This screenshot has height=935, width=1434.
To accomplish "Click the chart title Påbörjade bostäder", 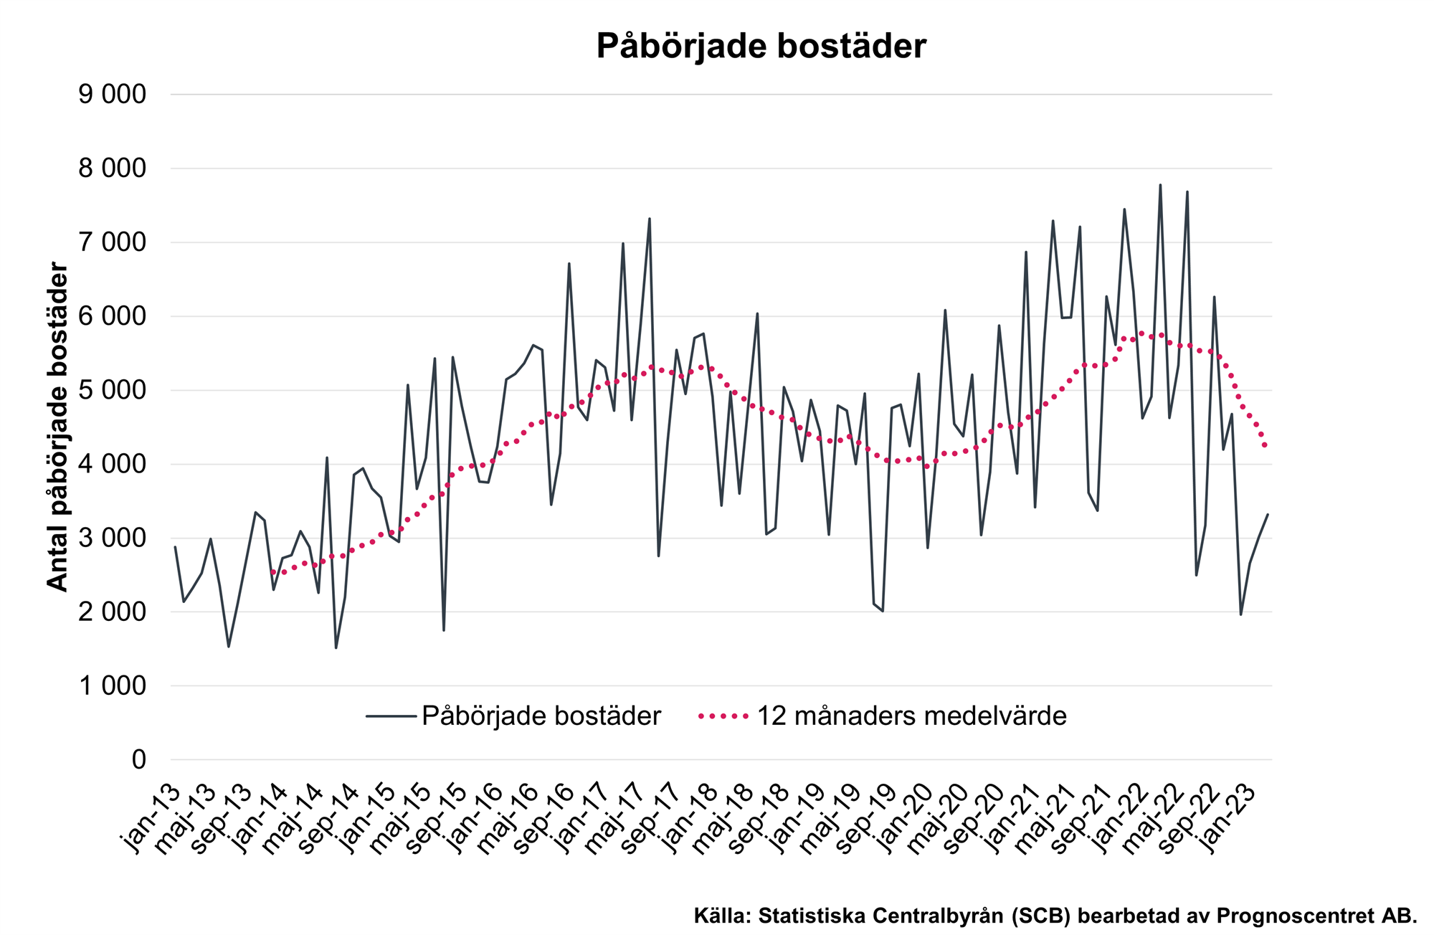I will (x=761, y=47).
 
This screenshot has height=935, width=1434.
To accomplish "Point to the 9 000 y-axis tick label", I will (x=112, y=95).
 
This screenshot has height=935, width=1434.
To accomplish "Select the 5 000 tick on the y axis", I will (x=112, y=391).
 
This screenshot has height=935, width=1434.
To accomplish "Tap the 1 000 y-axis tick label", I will (x=112, y=686).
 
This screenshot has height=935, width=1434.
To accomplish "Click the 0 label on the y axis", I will (x=138, y=760).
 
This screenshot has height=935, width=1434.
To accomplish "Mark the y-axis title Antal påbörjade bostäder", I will (x=57, y=427).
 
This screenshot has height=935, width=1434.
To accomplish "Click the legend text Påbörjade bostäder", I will (x=541, y=716).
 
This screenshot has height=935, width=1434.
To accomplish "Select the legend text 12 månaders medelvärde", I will (x=912, y=716).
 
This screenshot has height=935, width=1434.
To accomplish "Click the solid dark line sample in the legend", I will (x=391, y=716).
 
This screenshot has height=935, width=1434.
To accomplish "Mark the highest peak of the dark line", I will (x=1160, y=185).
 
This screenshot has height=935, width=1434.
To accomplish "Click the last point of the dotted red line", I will (x=1267, y=447).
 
